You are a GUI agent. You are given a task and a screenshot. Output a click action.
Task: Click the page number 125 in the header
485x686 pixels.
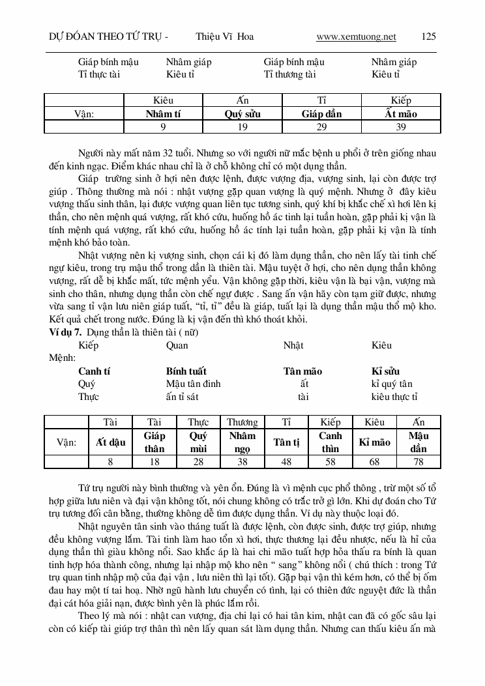tap(429, 36)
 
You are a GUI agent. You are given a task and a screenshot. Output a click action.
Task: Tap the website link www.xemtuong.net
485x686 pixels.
tap(356, 36)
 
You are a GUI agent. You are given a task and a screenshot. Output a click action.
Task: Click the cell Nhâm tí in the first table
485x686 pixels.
tap(163, 114)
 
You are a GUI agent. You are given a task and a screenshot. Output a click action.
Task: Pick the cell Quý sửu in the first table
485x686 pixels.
tap(242, 114)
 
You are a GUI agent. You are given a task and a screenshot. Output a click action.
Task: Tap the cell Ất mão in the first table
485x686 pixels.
tap(401, 114)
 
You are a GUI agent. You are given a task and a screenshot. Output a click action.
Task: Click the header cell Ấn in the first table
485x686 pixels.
tap(242, 101)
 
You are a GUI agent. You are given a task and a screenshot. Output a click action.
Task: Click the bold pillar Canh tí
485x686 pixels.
tap(94, 371)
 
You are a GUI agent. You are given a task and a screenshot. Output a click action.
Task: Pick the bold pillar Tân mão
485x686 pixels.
tap(302, 371)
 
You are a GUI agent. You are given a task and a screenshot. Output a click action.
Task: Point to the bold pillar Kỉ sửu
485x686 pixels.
tap(385, 371)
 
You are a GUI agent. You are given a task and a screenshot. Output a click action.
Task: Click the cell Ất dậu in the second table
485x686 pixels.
tap(110, 442)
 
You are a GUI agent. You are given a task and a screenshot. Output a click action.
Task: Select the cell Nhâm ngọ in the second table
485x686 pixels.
tap(242, 442)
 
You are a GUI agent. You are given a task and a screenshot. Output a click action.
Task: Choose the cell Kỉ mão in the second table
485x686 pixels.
tap(375, 442)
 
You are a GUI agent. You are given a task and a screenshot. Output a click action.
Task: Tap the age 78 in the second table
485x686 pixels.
tap(418, 461)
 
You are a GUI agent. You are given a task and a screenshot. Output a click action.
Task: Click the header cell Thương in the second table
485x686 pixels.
tap(242, 422)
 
